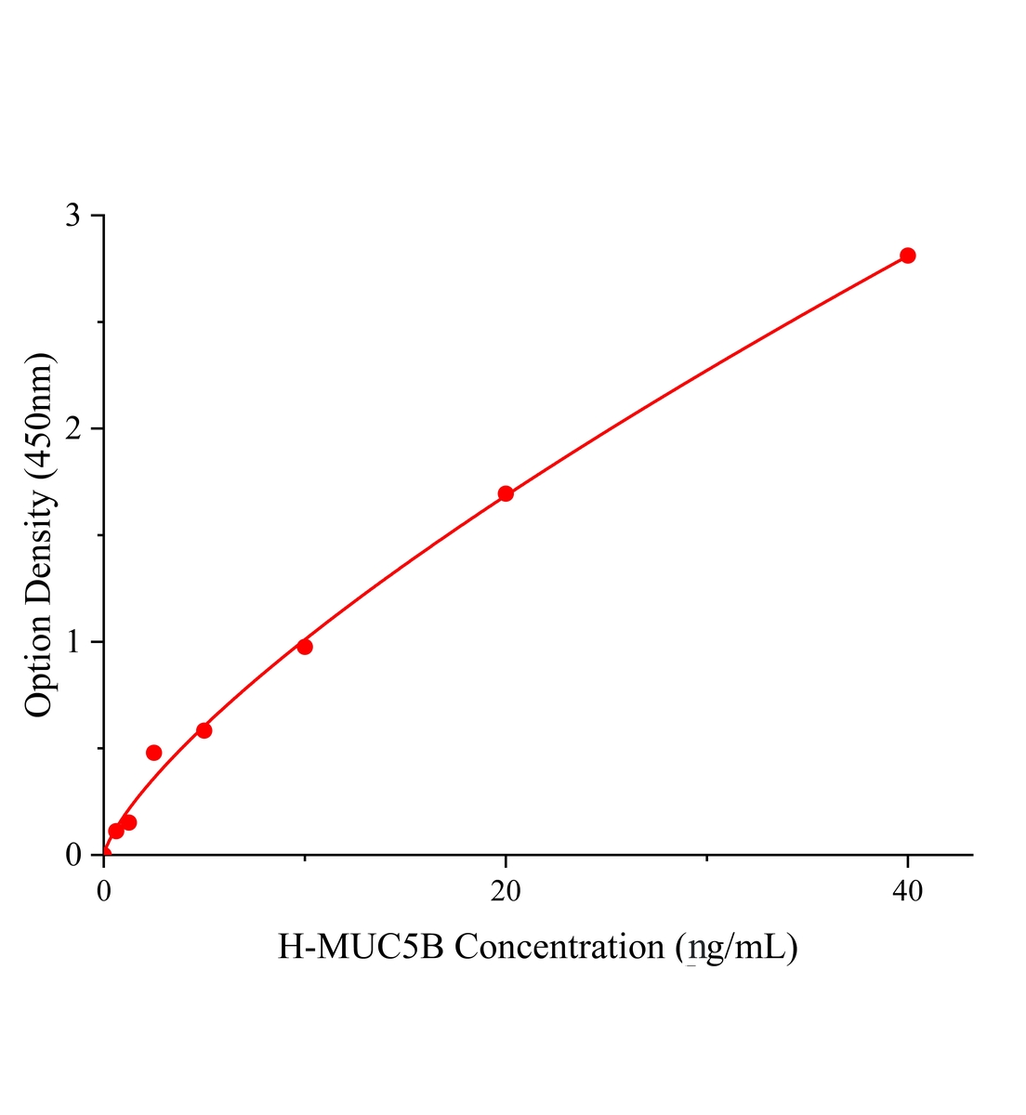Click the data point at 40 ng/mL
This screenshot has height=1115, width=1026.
tap(907, 256)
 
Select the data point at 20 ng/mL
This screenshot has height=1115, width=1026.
tap(506, 493)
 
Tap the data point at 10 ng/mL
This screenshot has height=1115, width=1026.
tap(305, 647)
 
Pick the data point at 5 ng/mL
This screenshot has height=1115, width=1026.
tap(204, 730)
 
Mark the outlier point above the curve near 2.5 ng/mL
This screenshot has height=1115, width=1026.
tap(154, 753)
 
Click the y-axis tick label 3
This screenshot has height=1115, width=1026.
tap(73, 216)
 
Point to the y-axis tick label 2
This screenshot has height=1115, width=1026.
tap(73, 428)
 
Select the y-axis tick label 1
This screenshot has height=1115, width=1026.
tap(73, 642)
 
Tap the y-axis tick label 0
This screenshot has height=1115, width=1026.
tap(73, 855)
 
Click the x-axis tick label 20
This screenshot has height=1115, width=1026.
tap(506, 892)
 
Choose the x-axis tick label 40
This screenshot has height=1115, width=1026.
tap(907, 892)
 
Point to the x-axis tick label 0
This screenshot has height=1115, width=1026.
tap(104, 892)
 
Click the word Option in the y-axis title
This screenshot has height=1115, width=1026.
tap(39, 666)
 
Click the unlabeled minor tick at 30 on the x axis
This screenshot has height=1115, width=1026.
tap(706, 859)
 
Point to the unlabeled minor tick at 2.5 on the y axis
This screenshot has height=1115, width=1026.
tap(99, 322)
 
